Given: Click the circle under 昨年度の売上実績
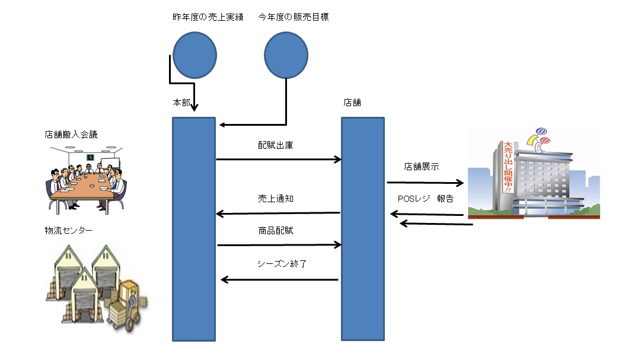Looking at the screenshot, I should click(x=194, y=55).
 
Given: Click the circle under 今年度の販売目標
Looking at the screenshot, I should click(x=286, y=55).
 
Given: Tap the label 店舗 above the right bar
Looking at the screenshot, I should click(x=352, y=103).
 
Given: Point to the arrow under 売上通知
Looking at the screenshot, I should click(x=278, y=213).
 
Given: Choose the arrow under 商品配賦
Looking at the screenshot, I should click(x=279, y=244).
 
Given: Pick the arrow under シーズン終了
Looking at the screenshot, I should click(x=279, y=279).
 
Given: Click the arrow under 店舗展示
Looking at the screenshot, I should click(x=425, y=183).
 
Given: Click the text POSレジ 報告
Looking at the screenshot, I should click(x=426, y=199).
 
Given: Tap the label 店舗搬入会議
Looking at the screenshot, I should click(x=71, y=135).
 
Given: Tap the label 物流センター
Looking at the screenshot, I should click(x=68, y=230).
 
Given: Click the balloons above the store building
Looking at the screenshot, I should click(x=541, y=136).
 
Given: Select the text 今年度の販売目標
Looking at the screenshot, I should click(x=294, y=17).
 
